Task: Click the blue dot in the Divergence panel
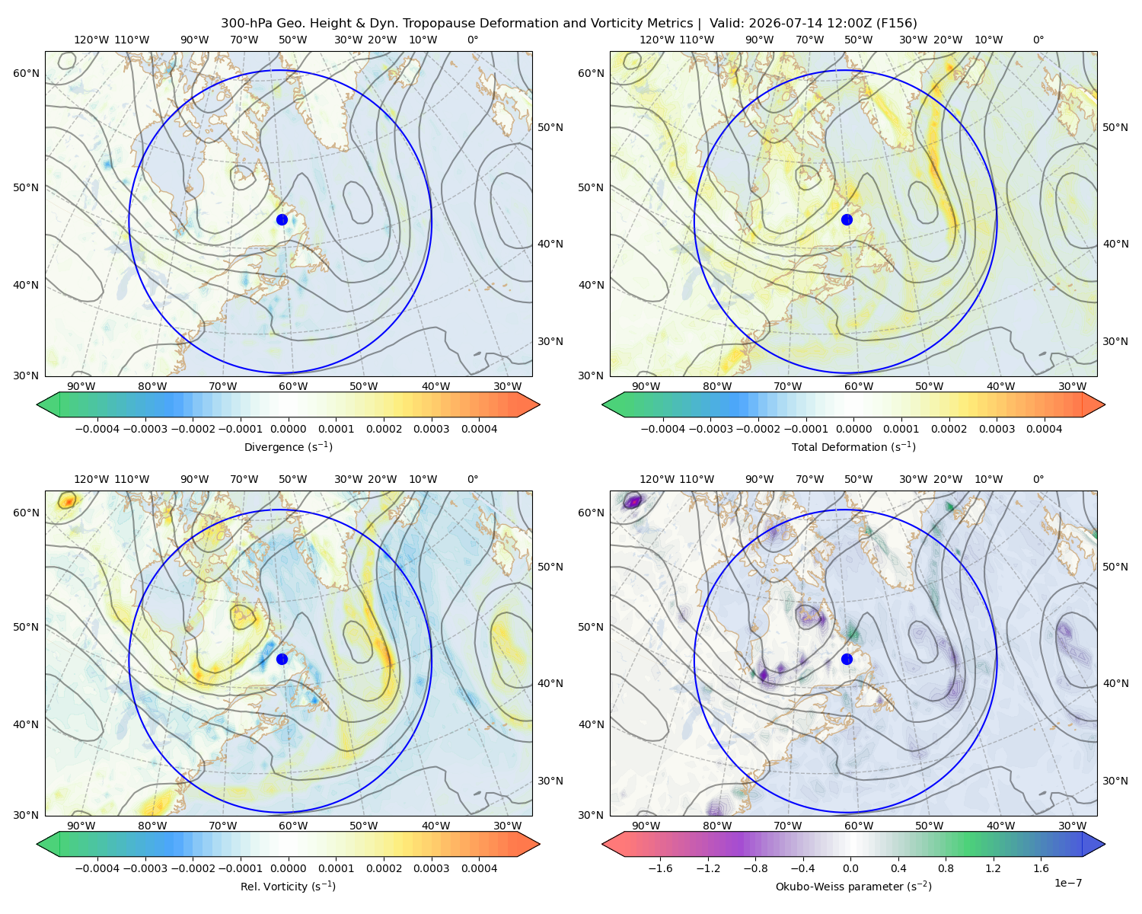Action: (x=282, y=219)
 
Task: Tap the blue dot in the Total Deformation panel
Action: (x=847, y=219)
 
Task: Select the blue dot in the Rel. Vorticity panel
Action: (x=282, y=659)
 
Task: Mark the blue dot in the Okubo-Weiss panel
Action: (x=847, y=659)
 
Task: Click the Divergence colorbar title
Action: (x=288, y=446)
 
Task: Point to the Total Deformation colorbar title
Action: (x=853, y=446)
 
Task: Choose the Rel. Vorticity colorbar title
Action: (x=288, y=886)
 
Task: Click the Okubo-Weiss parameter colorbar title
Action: (x=853, y=886)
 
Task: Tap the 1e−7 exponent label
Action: (x=1067, y=883)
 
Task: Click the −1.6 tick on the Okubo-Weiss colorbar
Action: (x=660, y=868)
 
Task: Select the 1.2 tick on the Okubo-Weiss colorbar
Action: (x=993, y=868)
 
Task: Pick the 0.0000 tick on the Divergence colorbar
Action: (x=288, y=429)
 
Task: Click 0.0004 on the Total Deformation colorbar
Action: (x=1044, y=429)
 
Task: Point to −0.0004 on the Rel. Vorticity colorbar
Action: (x=97, y=868)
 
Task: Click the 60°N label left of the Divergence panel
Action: (x=26, y=73)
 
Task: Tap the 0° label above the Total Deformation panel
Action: (x=1038, y=40)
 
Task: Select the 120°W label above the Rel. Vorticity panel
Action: (x=91, y=479)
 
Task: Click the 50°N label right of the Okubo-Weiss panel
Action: (x=1115, y=567)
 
